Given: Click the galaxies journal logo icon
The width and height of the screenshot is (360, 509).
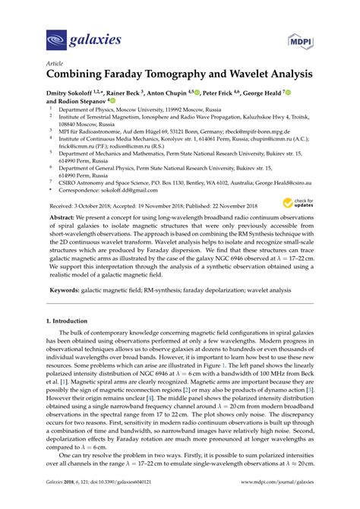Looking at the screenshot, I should click(x=57, y=37).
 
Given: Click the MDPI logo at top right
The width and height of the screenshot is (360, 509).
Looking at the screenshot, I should click(x=301, y=37).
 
